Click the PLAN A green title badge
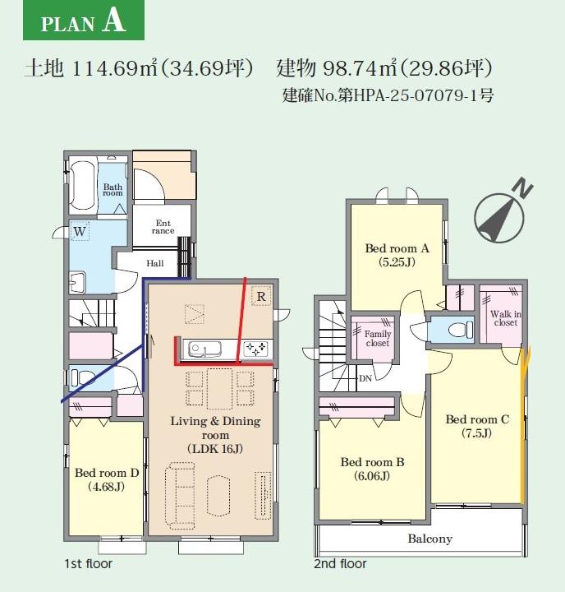(x=84, y=20)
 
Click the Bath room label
(x=113, y=190)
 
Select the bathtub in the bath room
(x=82, y=186)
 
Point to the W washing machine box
(x=80, y=231)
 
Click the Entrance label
(x=163, y=227)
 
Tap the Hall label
(x=155, y=263)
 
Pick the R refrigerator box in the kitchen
(x=261, y=296)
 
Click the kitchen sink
(x=204, y=349)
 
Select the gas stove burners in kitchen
(x=256, y=349)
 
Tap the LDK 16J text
(x=215, y=449)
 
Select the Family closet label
(x=378, y=338)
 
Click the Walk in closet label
(x=506, y=318)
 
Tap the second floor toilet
(x=461, y=330)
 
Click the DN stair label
(x=365, y=378)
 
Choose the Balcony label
(x=430, y=539)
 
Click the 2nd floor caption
(x=340, y=564)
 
